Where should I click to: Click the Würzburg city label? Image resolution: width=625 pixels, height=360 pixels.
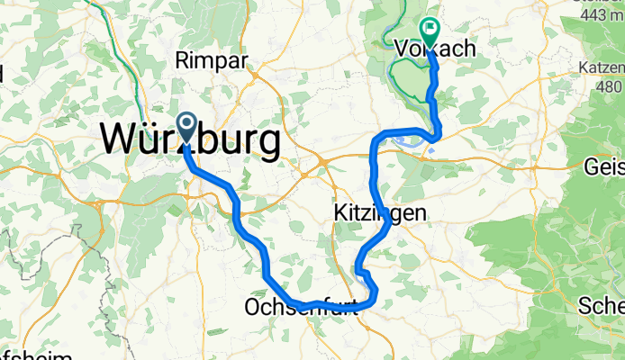(189, 140)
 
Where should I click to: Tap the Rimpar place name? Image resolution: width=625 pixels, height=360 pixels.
(208, 61)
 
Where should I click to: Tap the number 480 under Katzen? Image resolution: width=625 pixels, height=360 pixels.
(609, 86)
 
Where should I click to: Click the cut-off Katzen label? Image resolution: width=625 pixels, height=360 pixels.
(602, 67)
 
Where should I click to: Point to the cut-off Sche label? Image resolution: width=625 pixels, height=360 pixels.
(603, 304)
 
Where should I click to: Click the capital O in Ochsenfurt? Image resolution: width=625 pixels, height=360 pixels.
(252, 309)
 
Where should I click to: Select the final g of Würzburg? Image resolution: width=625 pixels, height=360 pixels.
(266, 144)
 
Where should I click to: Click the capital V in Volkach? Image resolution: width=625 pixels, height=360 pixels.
(402, 49)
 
